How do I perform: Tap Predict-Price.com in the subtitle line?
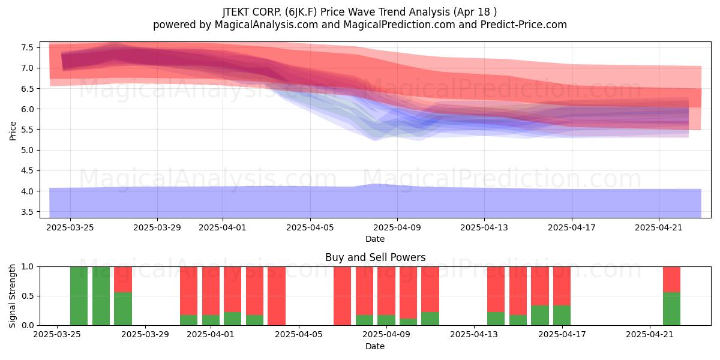(x=523, y=25)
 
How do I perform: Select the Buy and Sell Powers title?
(x=375, y=257)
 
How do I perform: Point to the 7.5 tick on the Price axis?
(x=27, y=47)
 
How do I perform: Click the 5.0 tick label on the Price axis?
(x=27, y=150)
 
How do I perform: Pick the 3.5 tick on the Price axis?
(x=27, y=212)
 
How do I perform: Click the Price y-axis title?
(x=13, y=131)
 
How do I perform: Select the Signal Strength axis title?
(x=12, y=296)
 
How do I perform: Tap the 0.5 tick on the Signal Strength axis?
(x=28, y=296)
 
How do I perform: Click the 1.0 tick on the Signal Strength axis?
(x=28, y=266)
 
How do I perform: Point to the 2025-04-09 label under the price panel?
(x=397, y=227)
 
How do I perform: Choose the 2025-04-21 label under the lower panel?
(x=650, y=334)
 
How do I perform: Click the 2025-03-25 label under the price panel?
(x=70, y=227)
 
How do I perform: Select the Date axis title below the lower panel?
(x=375, y=346)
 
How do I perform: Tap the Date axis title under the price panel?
(x=375, y=239)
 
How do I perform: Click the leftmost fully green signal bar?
(x=79, y=296)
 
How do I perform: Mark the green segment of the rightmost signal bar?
(x=672, y=308)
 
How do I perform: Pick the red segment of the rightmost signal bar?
(x=672, y=280)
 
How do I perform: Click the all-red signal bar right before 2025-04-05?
(x=277, y=296)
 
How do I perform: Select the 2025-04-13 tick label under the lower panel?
(x=474, y=334)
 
